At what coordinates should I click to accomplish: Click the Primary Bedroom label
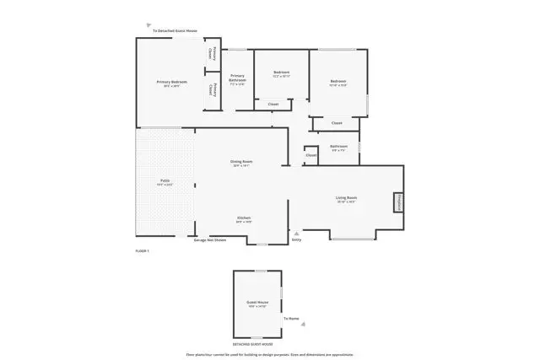tap(172, 83)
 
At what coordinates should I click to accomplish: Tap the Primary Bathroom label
tap(237, 79)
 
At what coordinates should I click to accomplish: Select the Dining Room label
tap(242, 163)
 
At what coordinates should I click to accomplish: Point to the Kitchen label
tap(243, 218)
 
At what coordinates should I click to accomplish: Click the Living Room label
tap(347, 200)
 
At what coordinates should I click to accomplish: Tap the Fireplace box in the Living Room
tap(396, 203)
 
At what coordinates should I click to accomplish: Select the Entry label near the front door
tap(296, 239)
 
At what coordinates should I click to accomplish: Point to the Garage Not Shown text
tap(210, 240)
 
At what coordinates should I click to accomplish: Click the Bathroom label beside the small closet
tap(339, 147)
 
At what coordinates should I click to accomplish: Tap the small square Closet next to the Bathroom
tap(310, 155)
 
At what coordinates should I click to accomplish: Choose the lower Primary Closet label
tap(215, 92)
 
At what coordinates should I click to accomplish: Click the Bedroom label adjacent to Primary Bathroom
tap(281, 73)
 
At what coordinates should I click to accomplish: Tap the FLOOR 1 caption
tap(142, 251)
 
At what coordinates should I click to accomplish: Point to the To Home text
tap(291, 319)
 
